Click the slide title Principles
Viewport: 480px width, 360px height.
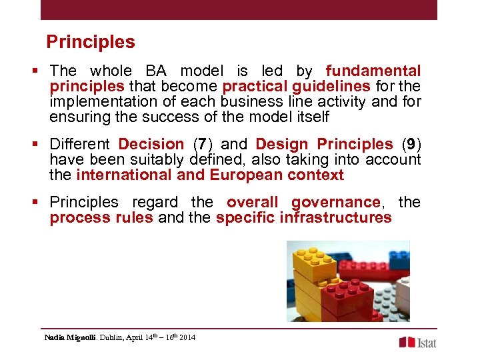point(91,42)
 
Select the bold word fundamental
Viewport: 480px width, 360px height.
point(373,71)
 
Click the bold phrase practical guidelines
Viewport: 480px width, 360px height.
point(296,86)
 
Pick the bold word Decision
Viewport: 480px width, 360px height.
point(151,144)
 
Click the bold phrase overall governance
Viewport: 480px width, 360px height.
point(303,202)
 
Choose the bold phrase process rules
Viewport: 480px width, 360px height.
point(101,218)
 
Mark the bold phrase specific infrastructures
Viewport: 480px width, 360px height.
point(303,218)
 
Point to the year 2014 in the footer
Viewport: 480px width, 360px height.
point(187,338)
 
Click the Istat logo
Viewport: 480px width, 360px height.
point(418,342)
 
